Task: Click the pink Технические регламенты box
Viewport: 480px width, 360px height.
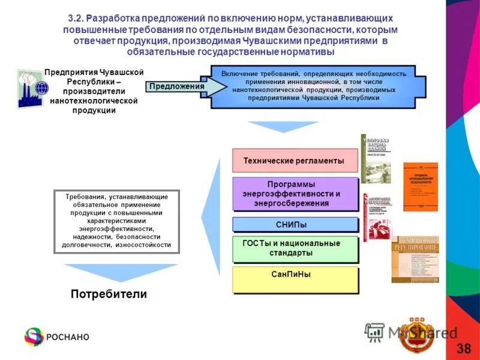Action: click(x=294, y=161)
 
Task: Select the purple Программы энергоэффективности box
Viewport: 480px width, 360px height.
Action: click(x=295, y=194)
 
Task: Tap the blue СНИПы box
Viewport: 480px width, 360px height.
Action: click(x=295, y=224)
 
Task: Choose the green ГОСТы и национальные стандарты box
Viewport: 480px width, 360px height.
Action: click(x=295, y=248)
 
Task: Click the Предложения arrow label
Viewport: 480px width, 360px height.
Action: click(x=176, y=86)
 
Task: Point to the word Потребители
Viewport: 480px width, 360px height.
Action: click(x=109, y=294)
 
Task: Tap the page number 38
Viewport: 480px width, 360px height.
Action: click(x=463, y=349)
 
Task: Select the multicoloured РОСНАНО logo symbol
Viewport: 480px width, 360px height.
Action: click(x=34, y=336)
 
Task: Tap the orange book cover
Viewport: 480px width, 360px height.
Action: click(x=420, y=187)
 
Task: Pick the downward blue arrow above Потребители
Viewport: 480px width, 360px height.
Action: click(x=121, y=273)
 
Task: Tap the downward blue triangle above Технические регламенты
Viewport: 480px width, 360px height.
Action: click(x=275, y=127)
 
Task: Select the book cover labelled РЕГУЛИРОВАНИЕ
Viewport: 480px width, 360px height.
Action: click(x=415, y=259)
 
